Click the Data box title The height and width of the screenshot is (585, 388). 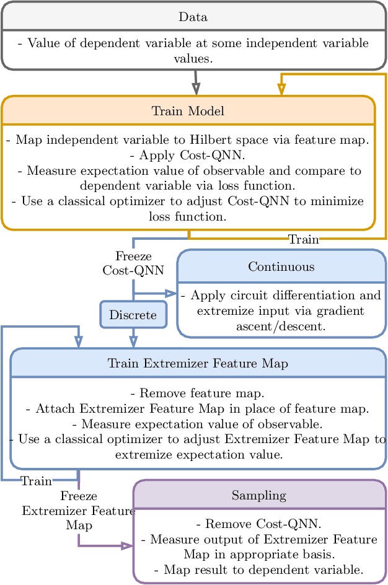193,17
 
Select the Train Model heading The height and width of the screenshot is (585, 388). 188,111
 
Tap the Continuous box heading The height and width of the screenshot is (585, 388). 281,266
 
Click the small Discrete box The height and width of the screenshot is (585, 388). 133,315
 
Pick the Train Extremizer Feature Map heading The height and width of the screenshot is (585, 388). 198,363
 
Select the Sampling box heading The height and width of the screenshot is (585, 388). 259,495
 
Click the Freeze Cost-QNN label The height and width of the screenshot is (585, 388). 133,263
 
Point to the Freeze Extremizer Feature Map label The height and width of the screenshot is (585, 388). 79,511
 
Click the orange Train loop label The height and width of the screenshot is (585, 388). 304,239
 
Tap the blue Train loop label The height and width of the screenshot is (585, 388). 36,481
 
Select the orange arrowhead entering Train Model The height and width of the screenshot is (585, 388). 281,89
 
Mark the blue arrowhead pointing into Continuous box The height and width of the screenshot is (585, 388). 171,294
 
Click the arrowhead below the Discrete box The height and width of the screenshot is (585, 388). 133,341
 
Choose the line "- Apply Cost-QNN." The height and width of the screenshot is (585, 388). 188,155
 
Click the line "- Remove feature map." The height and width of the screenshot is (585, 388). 198,394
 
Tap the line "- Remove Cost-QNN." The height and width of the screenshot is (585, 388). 259,524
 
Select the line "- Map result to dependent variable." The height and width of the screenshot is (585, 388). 259,570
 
